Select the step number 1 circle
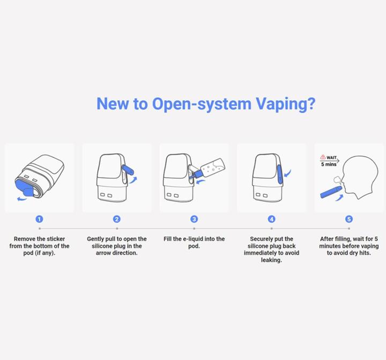39,219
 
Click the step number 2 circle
117,219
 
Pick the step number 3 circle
194,219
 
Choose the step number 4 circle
271,219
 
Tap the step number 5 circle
349,219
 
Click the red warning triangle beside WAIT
323,157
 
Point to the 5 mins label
329,164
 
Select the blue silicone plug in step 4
280,174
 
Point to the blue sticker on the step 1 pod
25,188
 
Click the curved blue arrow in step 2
133,180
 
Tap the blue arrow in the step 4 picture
287,173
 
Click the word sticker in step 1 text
56,239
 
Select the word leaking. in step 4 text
271,260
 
